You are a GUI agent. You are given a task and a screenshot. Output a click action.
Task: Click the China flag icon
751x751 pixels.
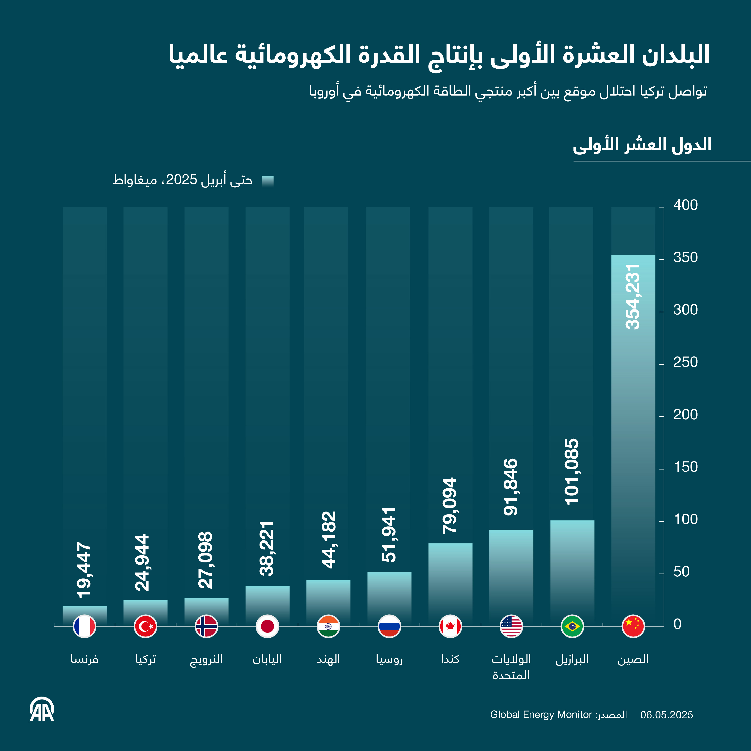pyautogui.click(x=633, y=626)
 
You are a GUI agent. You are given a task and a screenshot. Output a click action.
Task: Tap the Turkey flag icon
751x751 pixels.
pyautogui.click(x=145, y=626)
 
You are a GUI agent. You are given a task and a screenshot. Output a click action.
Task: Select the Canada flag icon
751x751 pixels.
pyautogui.click(x=450, y=626)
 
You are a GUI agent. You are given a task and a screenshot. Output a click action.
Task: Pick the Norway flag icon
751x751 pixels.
pyautogui.click(x=206, y=626)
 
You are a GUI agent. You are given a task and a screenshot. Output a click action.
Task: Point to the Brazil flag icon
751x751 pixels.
pyautogui.click(x=572, y=626)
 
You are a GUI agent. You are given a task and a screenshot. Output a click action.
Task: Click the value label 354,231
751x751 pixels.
pyautogui.click(x=633, y=297)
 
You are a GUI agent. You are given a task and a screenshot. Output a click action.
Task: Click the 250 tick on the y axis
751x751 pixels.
pyautogui.click(x=685, y=362)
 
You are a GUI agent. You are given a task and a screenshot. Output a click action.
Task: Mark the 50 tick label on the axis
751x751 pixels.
pyautogui.click(x=681, y=572)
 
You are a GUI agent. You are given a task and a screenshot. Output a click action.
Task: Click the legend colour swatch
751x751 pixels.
pyautogui.click(x=267, y=181)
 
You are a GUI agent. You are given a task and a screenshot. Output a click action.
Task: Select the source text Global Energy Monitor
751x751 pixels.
pyautogui.click(x=541, y=714)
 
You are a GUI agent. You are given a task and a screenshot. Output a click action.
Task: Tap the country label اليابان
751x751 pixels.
pyautogui.click(x=267, y=659)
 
